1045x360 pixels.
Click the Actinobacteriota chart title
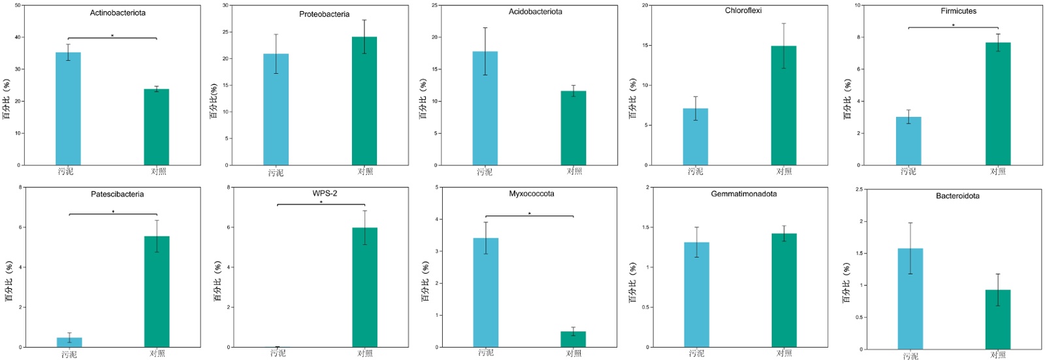point(118,13)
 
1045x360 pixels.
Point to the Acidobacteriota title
point(535,12)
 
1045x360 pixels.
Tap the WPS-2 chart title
point(325,193)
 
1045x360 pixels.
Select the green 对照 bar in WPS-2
point(364,287)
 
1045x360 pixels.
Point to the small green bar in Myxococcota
point(573,339)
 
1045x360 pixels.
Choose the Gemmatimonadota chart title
point(743,194)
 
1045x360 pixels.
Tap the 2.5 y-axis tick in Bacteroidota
point(859,189)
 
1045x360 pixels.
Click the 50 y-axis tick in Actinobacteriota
point(18,5)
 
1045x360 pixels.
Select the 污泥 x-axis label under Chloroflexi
point(696,171)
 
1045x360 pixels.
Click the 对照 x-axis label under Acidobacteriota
point(574,171)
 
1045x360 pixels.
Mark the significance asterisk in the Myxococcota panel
point(529,214)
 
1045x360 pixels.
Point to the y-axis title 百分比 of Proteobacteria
point(213,101)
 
